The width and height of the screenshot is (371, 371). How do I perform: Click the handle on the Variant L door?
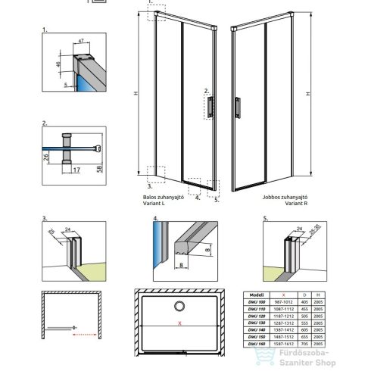click(x=207, y=108)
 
